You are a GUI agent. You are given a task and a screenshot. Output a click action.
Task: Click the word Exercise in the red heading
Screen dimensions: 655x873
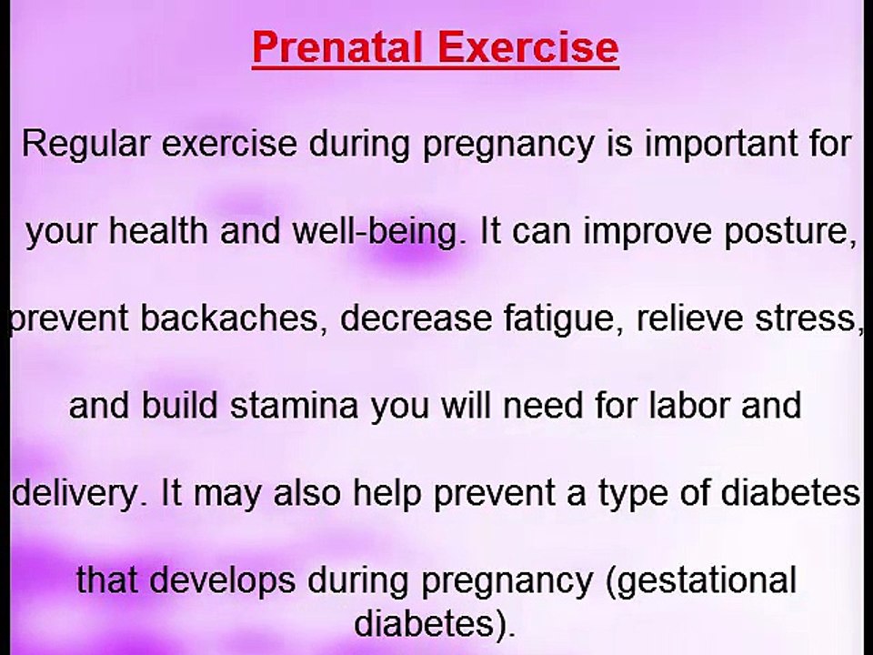click(528, 48)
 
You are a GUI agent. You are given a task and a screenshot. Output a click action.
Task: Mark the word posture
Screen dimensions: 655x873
click(791, 233)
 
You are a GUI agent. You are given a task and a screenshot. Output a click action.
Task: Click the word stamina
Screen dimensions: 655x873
click(295, 406)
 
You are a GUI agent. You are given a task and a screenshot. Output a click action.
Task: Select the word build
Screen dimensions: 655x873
click(181, 406)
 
